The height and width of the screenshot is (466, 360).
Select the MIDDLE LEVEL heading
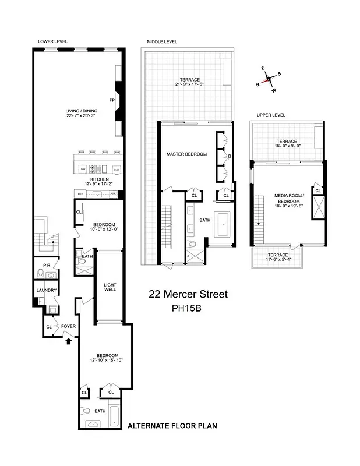(161, 41)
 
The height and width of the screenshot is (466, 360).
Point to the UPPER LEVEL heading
(270, 115)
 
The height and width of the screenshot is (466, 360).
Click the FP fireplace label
(112, 99)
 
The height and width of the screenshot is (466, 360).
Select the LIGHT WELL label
(110, 287)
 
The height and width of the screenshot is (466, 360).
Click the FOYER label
(69, 326)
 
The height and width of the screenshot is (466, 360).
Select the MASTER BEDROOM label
(186, 154)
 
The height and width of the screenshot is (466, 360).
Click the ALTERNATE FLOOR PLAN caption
(172, 426)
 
